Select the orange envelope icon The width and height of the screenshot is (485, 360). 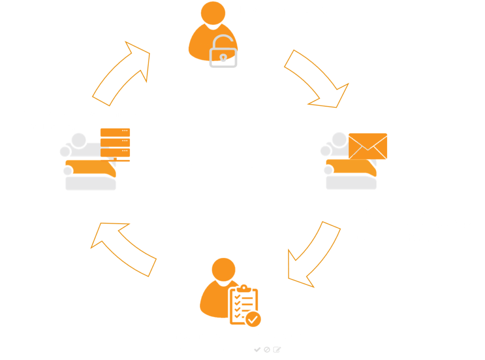pos(368,146)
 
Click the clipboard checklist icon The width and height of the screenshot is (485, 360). pos(243,306)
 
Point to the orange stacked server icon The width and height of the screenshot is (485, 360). pos(115,144)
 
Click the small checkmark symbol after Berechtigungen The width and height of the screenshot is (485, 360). pos(257,349)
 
